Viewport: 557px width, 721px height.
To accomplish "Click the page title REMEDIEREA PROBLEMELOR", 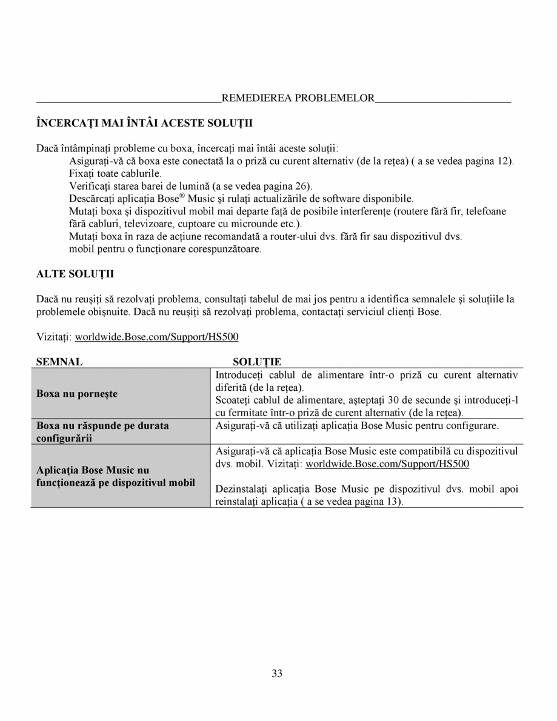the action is [x=298, y=98].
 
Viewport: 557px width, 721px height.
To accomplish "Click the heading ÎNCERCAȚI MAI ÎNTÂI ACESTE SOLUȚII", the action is [x=144, y=123].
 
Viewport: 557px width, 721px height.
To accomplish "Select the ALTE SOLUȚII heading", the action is [x=75, y=274].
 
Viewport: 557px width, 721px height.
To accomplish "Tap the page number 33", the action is [x=278, y=673].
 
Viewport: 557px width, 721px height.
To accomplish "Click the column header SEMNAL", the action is [x=59, y=362].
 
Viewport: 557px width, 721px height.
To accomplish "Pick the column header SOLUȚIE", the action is [x=257, y=362].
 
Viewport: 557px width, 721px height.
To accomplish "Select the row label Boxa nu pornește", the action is [x=77, y=394].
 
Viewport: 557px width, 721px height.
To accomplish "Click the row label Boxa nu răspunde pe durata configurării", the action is [x=102, y=431].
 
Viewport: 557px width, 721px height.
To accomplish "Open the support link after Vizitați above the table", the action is [x=161, y=336].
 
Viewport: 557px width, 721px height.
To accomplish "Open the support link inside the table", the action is [x=387, y=464].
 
